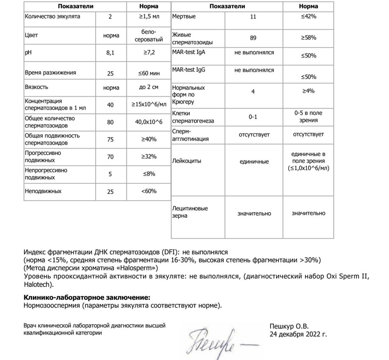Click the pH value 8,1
[x=111, y=52]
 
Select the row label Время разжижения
[x=50, y=73]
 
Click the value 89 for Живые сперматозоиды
[x=254, y=38]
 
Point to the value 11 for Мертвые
[x=253, y=17]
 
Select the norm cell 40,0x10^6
[x=149, y=122]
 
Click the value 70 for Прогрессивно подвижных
[x=110, y=157]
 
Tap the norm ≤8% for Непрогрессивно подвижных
[x=149, y=174]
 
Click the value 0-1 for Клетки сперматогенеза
[x=253, y=117]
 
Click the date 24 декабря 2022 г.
[x=298, y=334]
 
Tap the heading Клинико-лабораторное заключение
[x=86, y=297]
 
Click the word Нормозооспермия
[x=51, y=305]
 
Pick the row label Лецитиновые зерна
[x=190, y=212]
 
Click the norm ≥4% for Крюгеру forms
[x=308, y=91]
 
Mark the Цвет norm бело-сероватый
[x=149, y=35]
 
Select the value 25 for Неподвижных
[x=110, y=192]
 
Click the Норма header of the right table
[x=308, y=6]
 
